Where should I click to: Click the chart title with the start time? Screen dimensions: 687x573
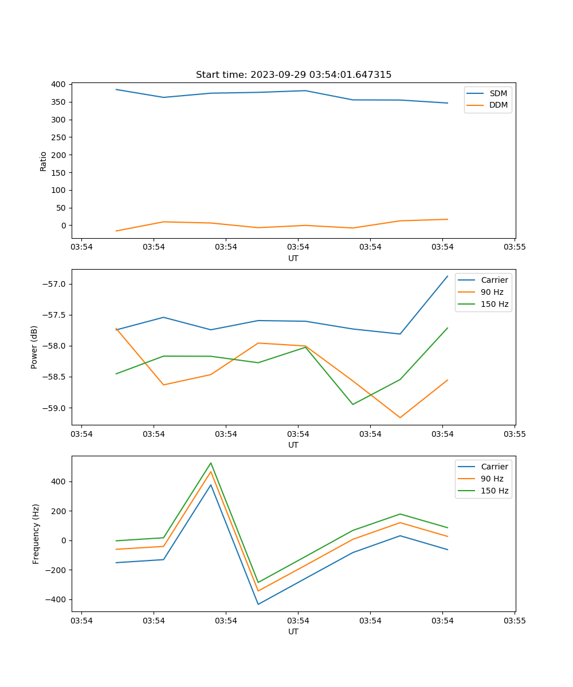[x=293, y=75]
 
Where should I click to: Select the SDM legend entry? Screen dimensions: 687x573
[x=498, y=93]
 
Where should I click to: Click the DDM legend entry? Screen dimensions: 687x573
[x=498, y=105]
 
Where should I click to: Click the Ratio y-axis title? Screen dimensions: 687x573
[x=43, y=161]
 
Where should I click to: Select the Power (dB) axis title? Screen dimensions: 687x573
[x=35, y=347]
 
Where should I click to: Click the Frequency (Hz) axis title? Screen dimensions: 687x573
[x=36, y=534]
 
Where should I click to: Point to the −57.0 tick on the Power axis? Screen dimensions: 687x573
[x=54, y=285]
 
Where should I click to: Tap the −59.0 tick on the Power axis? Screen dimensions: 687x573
[x=54, y=408]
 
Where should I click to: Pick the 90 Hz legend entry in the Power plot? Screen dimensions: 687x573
[x=494, y=292]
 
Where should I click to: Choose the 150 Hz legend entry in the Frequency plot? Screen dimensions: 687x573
[x=494, y=491]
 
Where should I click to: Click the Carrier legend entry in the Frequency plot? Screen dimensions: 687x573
[x=494, y=467]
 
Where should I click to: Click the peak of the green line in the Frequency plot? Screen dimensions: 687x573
[x=211, y=463]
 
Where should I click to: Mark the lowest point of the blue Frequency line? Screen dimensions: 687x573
[x=258, y=604]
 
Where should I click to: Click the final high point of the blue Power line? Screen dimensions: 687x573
[x=448, y=276]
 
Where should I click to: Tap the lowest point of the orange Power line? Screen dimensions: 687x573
[x=400, y=417]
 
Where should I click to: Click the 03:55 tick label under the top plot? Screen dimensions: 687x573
[x=515, y=248]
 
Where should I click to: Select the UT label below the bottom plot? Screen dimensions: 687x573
[x=293, y=631]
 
